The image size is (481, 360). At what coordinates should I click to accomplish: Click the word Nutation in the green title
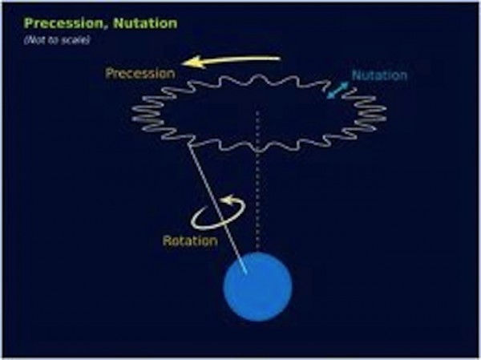tap(145, 23)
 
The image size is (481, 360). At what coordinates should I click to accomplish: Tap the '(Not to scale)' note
tap(57, 40)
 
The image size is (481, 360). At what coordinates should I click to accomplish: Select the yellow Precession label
tap(140, 74)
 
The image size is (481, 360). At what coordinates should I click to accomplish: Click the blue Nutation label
tap(379, 75)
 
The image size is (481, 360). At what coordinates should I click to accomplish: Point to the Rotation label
tap(190, 241)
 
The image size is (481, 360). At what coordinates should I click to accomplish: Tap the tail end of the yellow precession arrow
tap(280, 59)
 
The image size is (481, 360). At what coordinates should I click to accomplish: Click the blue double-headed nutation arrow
tap(338, 90)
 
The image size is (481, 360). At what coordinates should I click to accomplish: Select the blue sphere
tap(258, 287)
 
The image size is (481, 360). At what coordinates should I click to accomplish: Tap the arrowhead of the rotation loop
tap(228, 200)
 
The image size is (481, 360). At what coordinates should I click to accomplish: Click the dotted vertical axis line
tap(257, 180)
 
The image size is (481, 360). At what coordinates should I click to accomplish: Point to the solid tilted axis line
tap(218, 208)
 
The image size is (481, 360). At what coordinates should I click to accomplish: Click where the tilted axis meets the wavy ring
tap(190, 145)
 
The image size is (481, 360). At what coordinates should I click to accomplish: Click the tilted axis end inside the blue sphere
tap(247, 273)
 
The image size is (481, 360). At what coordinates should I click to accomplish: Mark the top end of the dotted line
tap(257, 112)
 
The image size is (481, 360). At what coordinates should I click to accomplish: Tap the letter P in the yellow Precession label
tap(110, 74)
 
